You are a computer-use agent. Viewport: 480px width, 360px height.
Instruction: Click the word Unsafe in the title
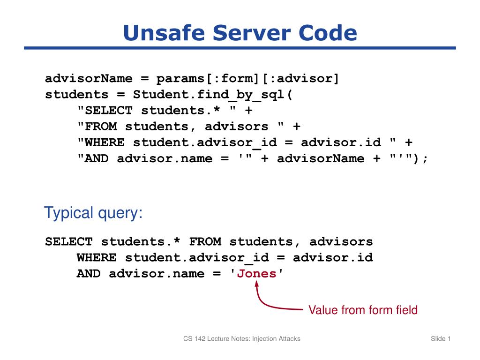click(164, 32)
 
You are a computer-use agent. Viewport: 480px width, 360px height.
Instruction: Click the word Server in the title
click(251, 32)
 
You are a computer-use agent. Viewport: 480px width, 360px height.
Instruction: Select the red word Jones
click(256, 273)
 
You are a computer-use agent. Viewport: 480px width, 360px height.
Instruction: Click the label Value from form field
click(363, 310)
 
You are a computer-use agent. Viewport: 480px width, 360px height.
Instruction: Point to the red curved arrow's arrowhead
click(257, 284)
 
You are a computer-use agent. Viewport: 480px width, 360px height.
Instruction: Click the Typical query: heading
click(93, 213)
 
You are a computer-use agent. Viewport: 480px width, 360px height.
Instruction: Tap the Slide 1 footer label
click(441, 338)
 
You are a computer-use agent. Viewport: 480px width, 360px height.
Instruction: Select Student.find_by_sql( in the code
click(213, 95)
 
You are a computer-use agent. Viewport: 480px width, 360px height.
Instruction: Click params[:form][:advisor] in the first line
click(247, 79)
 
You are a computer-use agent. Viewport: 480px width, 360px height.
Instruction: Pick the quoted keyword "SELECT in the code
click(105, 110)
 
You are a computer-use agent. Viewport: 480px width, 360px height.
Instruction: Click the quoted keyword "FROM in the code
click(97, 126)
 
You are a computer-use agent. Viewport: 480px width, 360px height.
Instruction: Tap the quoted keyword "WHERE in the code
click(101, 142)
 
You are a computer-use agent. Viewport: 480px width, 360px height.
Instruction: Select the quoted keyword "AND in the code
click(93, 158)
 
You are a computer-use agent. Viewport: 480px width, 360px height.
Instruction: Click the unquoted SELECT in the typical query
click(69, 241)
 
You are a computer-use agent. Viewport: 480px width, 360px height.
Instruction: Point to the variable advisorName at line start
click(89, 79)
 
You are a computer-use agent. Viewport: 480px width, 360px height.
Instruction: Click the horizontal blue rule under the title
click(240, 48)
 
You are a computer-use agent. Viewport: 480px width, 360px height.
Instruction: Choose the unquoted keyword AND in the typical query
click(89, 273)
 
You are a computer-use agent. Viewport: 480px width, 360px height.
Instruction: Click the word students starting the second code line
click(77, 95)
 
